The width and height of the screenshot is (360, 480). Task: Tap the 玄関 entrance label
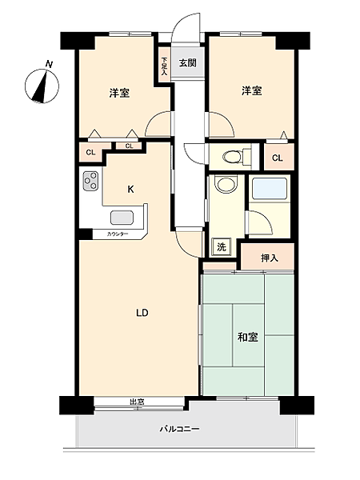pos(187,63)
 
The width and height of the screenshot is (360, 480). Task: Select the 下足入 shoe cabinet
pos(164,64)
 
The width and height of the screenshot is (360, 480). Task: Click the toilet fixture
pos(231,156)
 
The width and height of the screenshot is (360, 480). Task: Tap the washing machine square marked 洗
pos(220,247)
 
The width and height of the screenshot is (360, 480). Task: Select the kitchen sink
pos(123,218)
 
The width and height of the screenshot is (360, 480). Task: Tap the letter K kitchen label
pos(130,189)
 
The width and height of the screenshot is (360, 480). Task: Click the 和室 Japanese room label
pos(247,337)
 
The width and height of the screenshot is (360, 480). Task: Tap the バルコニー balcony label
pos(178,429)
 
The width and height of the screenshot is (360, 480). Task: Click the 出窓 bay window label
pos(138,402)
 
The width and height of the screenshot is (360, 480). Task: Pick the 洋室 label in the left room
pos(120,93)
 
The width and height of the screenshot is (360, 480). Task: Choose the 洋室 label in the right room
pos(251,91)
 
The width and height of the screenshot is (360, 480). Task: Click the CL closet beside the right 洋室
pos(277,158)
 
